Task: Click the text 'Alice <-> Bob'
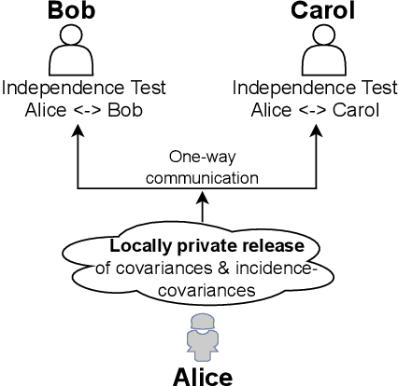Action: pos(85,109)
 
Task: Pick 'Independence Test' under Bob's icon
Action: pos(85,90)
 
